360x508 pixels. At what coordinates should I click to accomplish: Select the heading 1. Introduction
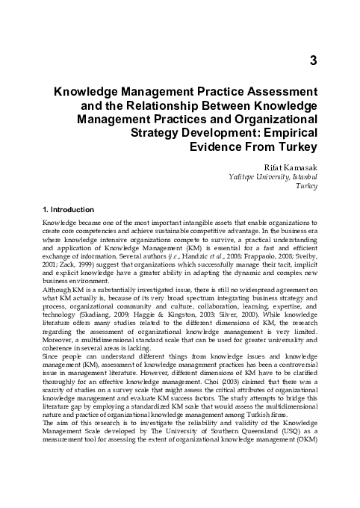coord(68,210)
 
